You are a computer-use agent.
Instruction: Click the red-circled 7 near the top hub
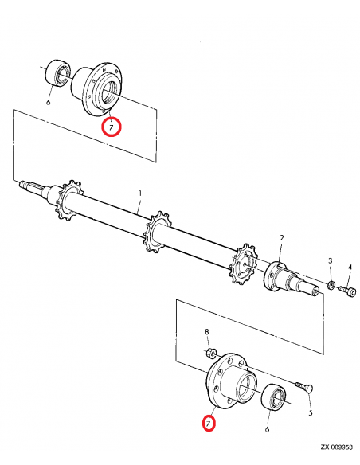coord(112,126)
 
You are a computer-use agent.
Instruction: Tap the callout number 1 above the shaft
coord(140,193)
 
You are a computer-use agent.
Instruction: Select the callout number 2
coord(281,238)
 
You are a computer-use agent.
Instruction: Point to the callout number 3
coord(331,261)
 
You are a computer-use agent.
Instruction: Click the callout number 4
coord(349,267)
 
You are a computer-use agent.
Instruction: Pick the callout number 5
coord(310,412)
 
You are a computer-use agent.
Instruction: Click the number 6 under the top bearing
coord(49,102)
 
